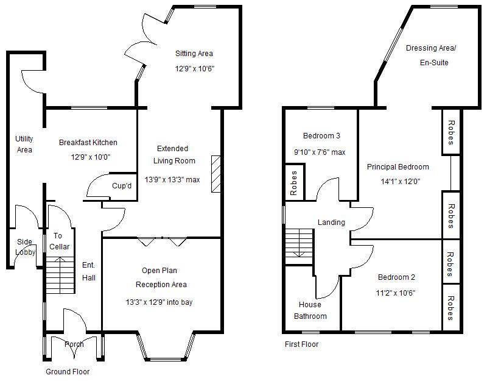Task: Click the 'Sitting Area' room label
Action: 194,54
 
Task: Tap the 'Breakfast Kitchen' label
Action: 88,143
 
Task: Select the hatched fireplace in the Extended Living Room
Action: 215,174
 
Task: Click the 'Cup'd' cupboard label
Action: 122,186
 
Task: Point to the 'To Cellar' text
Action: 58,241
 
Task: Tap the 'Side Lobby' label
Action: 25,247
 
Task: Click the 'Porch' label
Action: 74,344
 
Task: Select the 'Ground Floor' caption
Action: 68,371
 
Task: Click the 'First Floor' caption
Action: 301,344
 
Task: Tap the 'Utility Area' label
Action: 24,144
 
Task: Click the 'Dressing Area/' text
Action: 430,48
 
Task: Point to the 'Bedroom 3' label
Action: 321,135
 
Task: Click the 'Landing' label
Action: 331,223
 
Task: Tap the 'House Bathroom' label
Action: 310,310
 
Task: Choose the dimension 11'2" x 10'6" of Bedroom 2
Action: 396,292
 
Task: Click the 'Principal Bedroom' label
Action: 398,167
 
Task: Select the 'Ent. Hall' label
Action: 89,271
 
